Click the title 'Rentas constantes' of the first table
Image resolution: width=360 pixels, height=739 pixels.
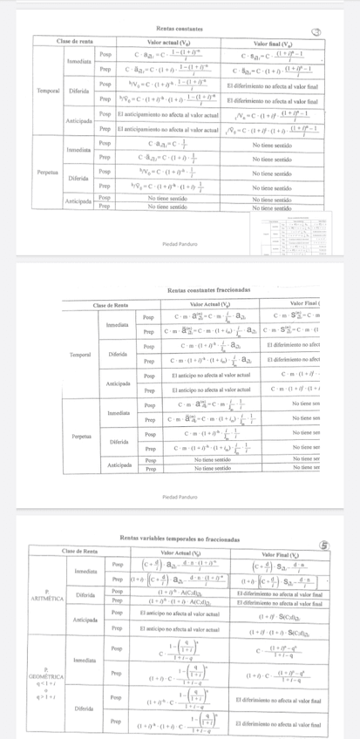point(180,29)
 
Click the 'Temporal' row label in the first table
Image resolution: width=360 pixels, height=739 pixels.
point(49,90)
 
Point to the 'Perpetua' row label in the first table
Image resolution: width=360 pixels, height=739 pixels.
point(49,173)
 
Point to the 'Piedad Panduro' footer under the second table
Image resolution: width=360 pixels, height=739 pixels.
point(180,498)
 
